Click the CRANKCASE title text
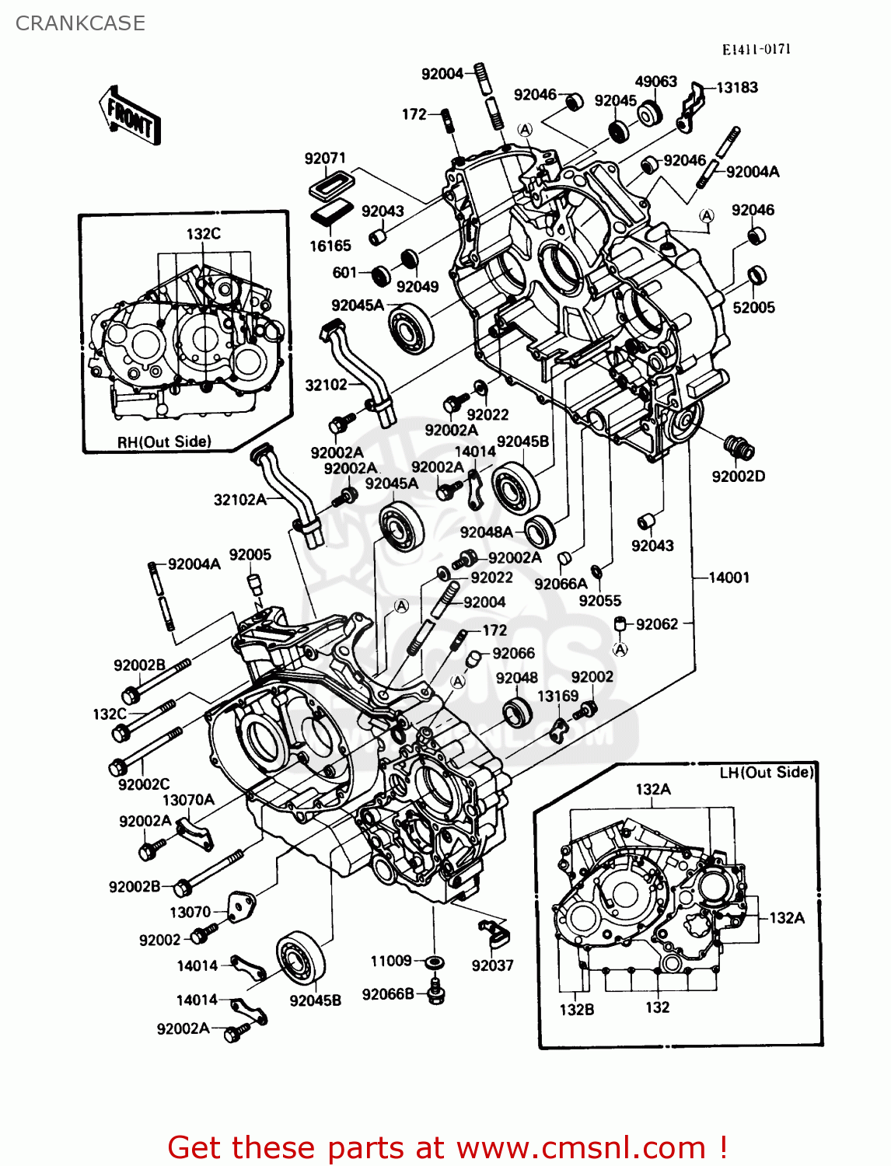(x=80, y=23)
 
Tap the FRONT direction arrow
(x=130, y=117)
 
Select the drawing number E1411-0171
(x=756, y=50)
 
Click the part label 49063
(x=655, y=82)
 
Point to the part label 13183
(x=736, y=88)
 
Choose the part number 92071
(x=325, y=159)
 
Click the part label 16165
(x=330, y=246)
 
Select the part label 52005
(x=753, y=307)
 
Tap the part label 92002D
(x=738, y=476)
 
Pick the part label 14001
(x=729, y=578)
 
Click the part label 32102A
(x=239, y=500)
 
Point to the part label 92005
(x=250, y=555)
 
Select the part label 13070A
(x=188, y=800)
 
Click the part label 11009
(x=390, y=962)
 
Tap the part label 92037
(x=492, y=965)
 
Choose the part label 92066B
(x=388, y=994)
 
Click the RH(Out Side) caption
(x=164, y=442)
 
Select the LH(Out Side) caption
(x=766, y=772)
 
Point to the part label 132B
(x=576, y=1009)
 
